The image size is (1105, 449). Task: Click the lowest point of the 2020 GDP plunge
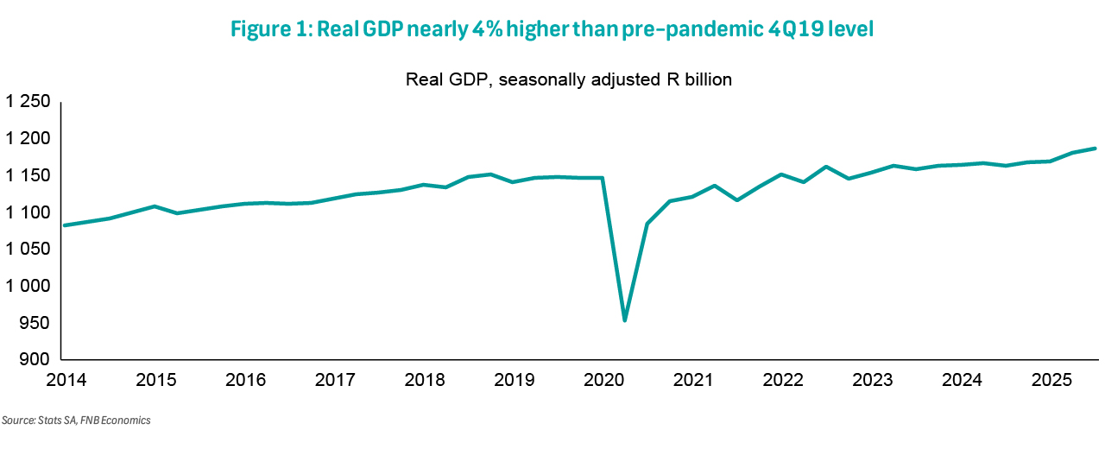tap(624, 320)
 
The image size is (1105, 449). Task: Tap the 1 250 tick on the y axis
tap(30, 103)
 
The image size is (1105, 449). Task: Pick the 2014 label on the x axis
tap(66, 380)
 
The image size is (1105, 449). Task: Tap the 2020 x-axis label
tap(603, 380)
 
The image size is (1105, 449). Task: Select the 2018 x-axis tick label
tap(424, 380)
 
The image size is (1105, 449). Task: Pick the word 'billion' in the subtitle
tap(707, 80)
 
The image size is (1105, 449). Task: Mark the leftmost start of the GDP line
tap(66, 225)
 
